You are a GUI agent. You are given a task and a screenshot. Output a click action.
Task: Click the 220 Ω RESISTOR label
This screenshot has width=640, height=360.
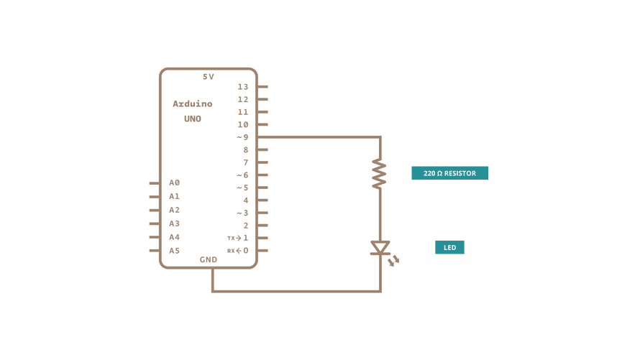pos(449,173)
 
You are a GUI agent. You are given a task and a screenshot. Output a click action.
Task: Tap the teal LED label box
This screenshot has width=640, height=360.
pos(449,248)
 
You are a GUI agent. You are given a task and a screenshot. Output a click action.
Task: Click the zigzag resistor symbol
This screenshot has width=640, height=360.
pos(380,175)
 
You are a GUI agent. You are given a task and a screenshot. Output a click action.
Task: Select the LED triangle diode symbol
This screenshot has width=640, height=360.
pos(380,248)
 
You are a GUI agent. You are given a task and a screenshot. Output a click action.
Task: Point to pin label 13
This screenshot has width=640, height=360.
pos(243,87)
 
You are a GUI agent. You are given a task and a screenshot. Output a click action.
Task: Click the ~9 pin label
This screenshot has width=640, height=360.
pos(242,137)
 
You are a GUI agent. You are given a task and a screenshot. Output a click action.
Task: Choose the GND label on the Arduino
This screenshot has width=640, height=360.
pos(209,259)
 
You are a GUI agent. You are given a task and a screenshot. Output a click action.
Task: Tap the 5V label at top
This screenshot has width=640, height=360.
pos(209,77)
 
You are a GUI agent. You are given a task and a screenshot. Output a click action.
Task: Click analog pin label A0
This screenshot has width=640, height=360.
pos(175,183)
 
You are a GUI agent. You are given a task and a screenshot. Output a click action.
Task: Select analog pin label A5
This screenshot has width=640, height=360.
pos(175,251)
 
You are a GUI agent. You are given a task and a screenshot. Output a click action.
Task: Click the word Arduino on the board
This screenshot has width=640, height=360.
pos(193,104)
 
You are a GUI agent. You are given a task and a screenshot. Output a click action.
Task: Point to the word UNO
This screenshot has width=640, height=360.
pos(193,119)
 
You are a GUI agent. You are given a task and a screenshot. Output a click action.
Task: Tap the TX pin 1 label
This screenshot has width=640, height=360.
pos(238,238)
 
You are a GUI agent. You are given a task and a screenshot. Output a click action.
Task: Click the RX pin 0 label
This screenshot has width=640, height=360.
pos(238,251)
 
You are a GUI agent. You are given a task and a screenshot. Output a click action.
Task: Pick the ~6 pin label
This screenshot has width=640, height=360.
pos(242,175)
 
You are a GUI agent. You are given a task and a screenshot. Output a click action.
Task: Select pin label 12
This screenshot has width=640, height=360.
pos(243,99)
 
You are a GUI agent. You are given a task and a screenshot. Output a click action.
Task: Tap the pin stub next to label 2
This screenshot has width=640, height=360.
pos(262,226)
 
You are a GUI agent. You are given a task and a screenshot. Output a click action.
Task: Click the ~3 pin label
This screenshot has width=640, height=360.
pos(242,213)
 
